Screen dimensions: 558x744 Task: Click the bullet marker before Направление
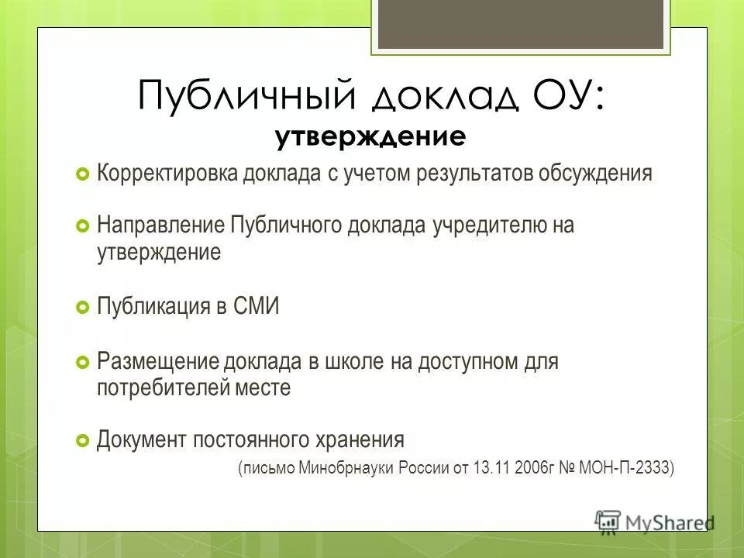point(83,227)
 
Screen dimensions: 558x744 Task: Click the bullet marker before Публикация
point(83,308)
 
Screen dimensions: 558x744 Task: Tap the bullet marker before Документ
point(83,441)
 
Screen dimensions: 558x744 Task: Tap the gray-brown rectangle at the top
point(520,23)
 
